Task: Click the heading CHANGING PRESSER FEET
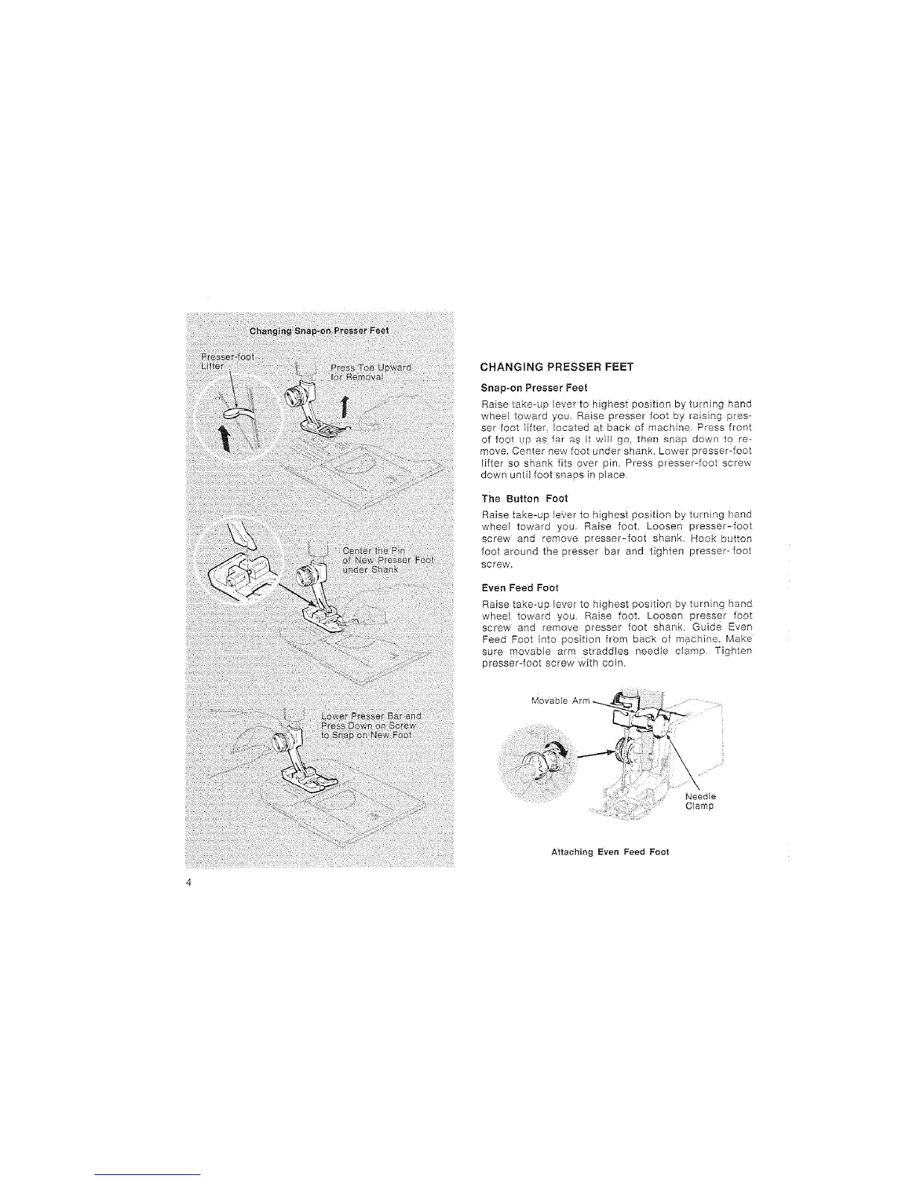tap(557, 366)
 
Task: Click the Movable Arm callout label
tap(560, 701)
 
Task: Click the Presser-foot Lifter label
tap(213, 361)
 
